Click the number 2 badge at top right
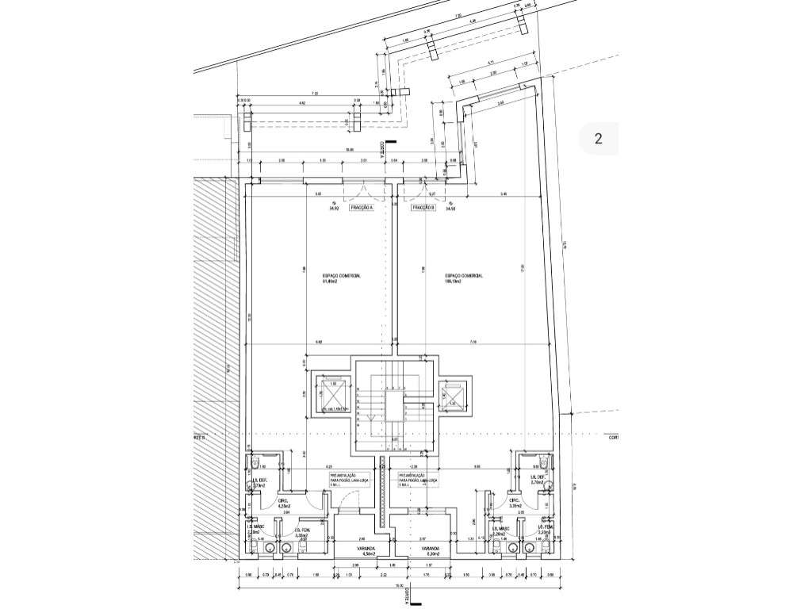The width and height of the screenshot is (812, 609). tap(599, 140)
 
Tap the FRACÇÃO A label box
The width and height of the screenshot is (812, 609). tap(361, 209)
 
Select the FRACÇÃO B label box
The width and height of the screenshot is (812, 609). tap(423, 209)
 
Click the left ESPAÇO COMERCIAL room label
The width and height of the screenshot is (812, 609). tap(341, 278)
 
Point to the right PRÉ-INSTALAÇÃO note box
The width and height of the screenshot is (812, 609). tap(418, 479)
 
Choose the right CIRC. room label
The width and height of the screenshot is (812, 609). tap(515, 503)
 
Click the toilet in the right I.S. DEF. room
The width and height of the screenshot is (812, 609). tap(545, 462)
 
